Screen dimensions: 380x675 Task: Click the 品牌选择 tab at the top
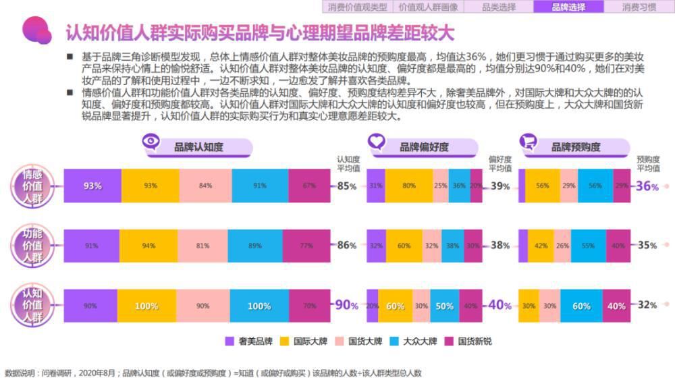(568, 7)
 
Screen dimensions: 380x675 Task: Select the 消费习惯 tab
(639, 7)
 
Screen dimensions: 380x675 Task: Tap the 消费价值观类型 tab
(358, 7)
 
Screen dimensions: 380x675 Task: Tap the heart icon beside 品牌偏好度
(376, 142)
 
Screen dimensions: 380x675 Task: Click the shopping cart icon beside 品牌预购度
(527, 142)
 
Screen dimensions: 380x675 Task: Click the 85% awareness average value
(347, 186)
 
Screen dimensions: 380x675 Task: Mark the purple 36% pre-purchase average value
(647, 186)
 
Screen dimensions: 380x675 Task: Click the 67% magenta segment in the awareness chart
(309, 186)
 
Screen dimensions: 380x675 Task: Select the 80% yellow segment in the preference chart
(408, 186)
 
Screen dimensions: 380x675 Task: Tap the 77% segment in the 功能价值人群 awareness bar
(306, 246)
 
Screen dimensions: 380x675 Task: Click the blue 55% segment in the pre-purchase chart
(588, 246)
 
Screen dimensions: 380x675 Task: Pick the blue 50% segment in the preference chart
(443, 306)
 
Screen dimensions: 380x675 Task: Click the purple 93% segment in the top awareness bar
(92, 186)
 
